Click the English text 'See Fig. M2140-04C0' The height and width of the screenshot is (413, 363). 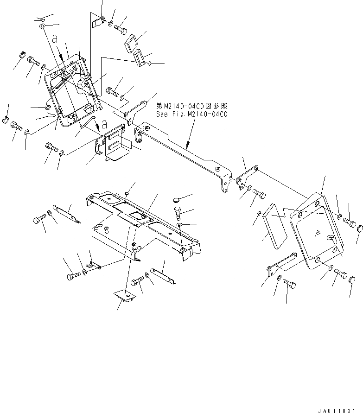(191, 114)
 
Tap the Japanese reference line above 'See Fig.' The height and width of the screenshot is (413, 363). (191, 106)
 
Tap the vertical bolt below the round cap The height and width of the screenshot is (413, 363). (178, 215)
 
